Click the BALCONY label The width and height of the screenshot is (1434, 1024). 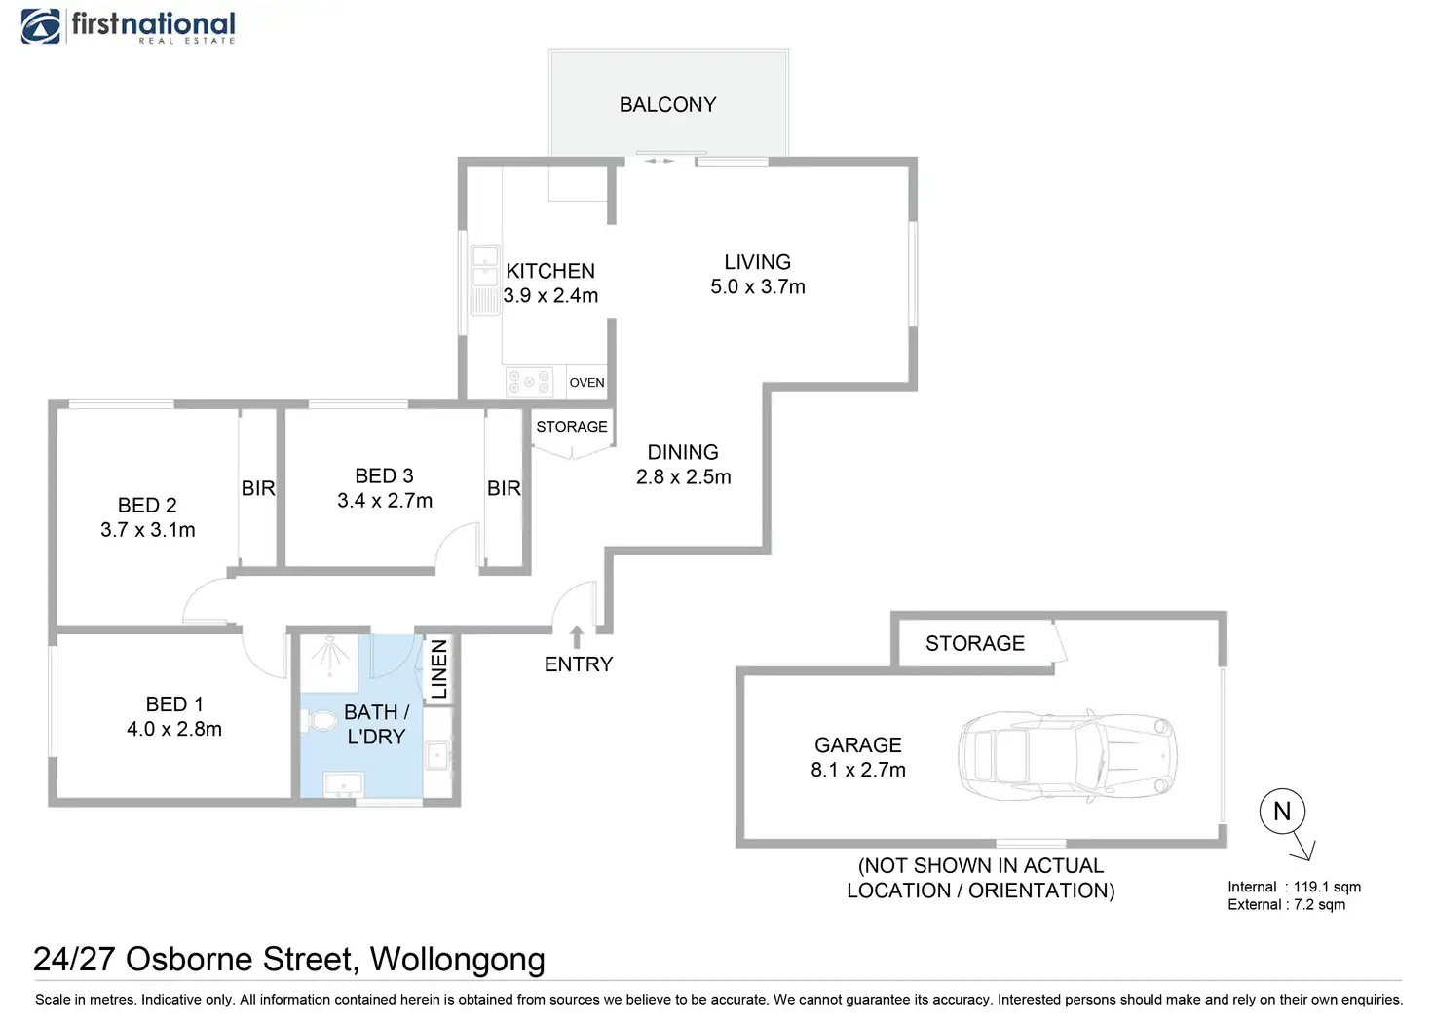(667, 105)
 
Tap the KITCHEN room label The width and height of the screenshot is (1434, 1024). (550, 271)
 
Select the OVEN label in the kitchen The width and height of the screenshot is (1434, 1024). (586, 383)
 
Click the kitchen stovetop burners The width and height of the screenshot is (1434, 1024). (529, 382)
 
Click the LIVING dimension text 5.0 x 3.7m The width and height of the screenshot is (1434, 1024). (758, 287)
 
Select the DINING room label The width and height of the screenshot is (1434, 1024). (683, 452)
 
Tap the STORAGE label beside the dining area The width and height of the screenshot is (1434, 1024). (572, 427)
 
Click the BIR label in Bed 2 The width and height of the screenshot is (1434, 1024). (258, 488)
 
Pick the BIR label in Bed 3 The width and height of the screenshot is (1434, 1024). (504, 488)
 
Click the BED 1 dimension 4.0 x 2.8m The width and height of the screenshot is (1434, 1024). (174, 729)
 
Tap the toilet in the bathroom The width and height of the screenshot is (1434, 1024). (321, 722)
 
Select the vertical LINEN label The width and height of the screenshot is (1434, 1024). (439, 668)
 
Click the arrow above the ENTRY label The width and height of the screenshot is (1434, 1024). (577, 637)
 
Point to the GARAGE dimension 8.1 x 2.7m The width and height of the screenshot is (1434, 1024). (858, 770)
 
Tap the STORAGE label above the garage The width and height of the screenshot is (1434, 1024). (975, 643)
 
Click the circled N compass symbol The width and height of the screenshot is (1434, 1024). (1282, 811)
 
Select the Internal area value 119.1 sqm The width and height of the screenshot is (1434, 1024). (1327, 887)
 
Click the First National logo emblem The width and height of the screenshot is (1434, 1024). (41, 26)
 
